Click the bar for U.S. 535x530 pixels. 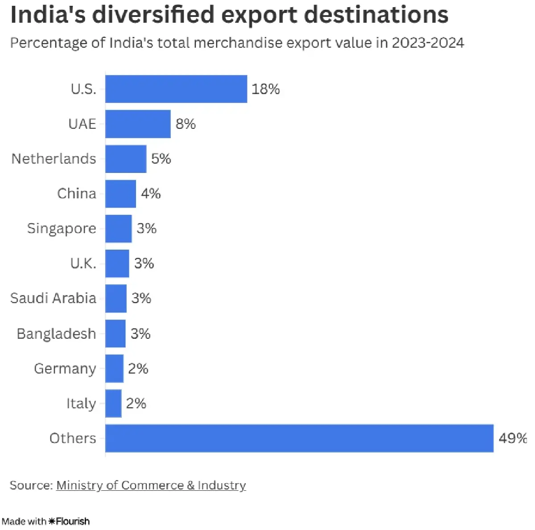(x=176, y=89)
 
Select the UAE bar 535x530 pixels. (x=138, y=124)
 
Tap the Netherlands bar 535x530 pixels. (x=126, y=159)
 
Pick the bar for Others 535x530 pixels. (x=299, y=438)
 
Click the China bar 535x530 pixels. (x=120, y=193)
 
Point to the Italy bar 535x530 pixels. (x=113, y=403)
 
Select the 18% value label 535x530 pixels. (x=266, y=89)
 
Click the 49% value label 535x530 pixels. (x=513, y=438)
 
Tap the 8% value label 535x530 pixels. (x=185, y=124)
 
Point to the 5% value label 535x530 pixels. (x=161, y=159)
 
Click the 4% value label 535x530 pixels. (x=151, y=193)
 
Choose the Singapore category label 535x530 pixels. (x=62, y=229)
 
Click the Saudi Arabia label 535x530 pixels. (x=53, y=298)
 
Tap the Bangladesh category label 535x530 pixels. (x=56, y=334)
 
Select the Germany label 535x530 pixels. (x=65, y=369)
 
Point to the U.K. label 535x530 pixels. (x=83, y=263)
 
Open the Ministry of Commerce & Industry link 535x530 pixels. (x=151, y=485)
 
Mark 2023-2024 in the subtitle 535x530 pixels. (x=428, y=43)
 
